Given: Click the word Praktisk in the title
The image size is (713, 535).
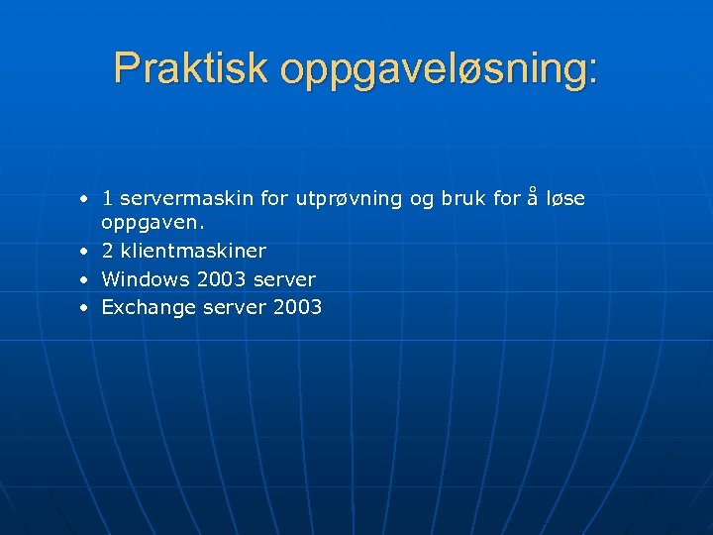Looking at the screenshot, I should [x=191, y=67].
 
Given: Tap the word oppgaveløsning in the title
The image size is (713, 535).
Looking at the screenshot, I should [x=439, y=69].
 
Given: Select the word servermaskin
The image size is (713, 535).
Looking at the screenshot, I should [x=187, y=199].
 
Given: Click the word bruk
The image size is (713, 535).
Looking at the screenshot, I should [x=463, y=199].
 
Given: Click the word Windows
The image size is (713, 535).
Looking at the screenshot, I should [x=146, y=279].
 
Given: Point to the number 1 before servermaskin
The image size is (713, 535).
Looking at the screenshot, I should [x=108, y=199].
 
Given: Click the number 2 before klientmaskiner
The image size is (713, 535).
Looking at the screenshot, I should [x=108, y=252].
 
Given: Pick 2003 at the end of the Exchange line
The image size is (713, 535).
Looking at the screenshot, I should [x=297, y=307].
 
